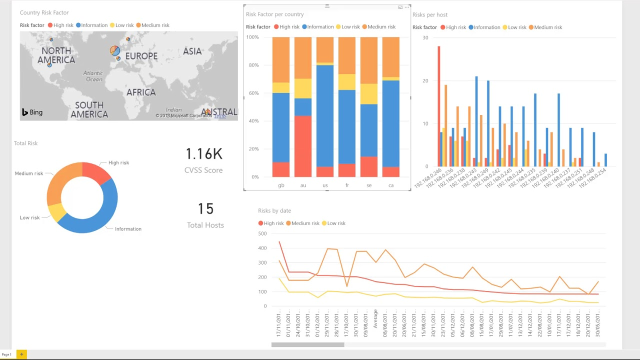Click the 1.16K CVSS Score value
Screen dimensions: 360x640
[x=203, y=154]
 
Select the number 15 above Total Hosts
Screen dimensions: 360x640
[x=205, y=209]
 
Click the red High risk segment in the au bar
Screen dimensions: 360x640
[x=303, y=146]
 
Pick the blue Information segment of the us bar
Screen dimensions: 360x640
[x=325, y=115]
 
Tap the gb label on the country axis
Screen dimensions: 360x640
[x=281, y=185]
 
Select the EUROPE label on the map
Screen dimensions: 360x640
[x=141, y=56]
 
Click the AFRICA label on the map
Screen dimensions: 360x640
[x=141, y=92]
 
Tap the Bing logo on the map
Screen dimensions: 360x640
[x=32, y=112]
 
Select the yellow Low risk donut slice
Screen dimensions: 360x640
[x=56, y=212]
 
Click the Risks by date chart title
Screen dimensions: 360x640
[x=274, y=211]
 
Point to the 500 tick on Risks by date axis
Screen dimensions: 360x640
[x=262, y=233]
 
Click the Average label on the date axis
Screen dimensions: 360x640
[x=375, y=322]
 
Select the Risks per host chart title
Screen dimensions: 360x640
[x=429, y=15]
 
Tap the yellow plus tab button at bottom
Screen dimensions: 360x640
[x=21, y=354]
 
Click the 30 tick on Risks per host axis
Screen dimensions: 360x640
[x=425, y=37]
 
